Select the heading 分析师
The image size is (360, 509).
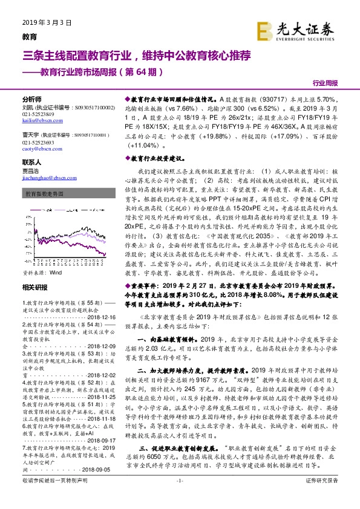point(31,99)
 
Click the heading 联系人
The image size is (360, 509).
point(31,163)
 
